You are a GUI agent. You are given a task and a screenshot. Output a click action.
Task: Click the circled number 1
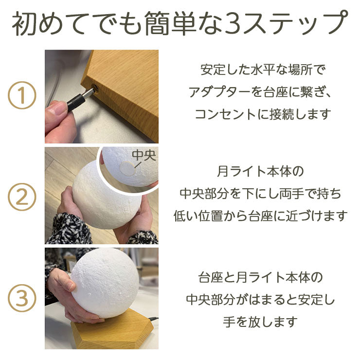pyautogui.click(x=22, y=96)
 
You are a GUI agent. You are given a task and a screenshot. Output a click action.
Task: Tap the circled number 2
pyautogui.click(x=22, y=198)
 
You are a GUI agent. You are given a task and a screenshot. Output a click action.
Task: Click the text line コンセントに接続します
pyautogui.click(x=263, y=115)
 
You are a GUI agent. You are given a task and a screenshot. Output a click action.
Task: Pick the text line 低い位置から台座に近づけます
pyautogui.click(x=261, y=216)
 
